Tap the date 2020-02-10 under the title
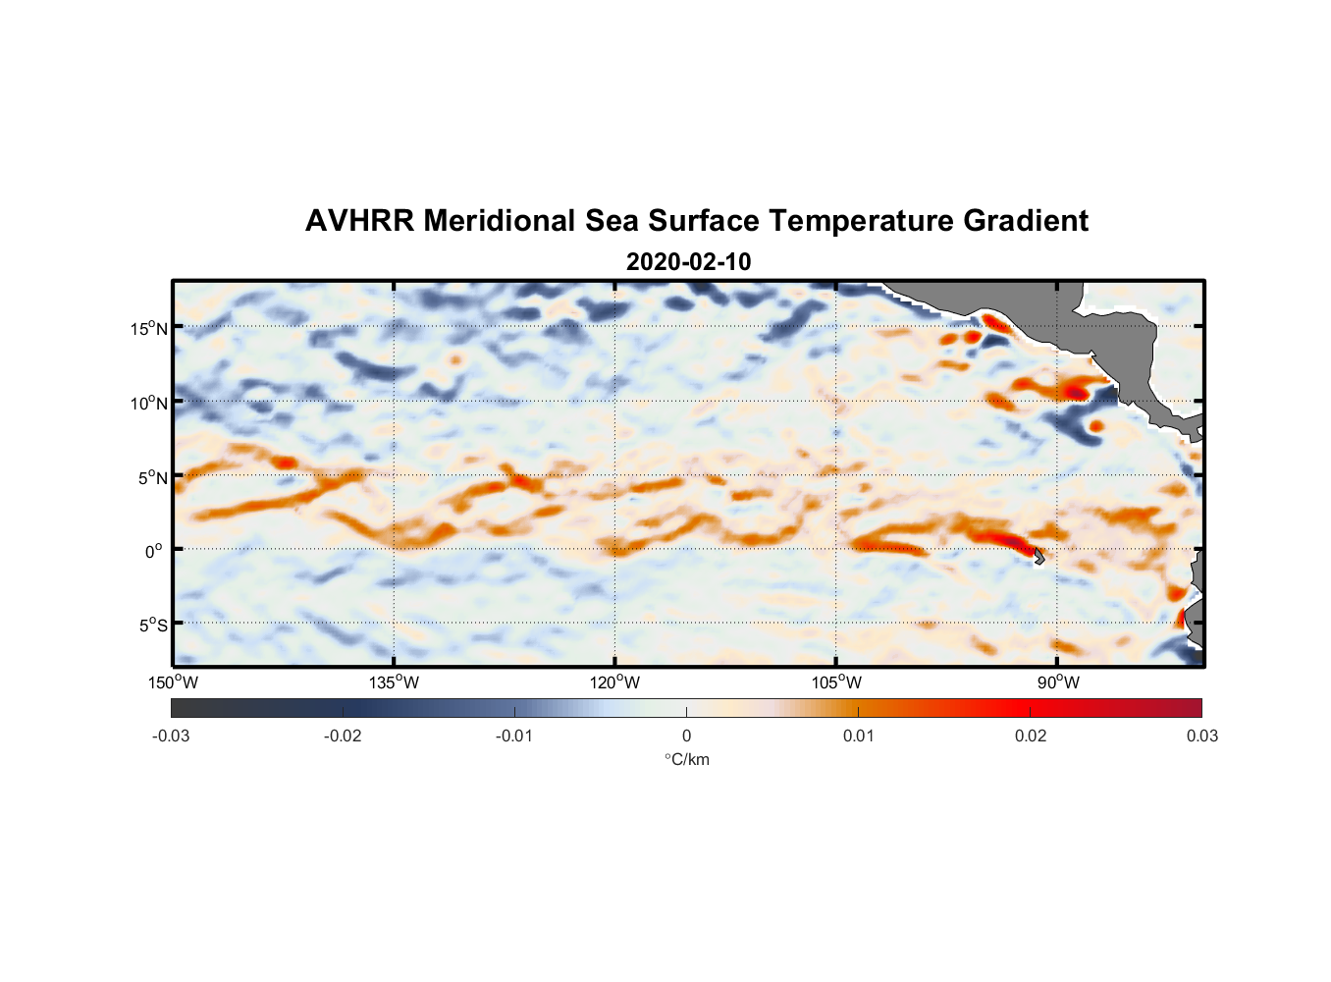(688, 262)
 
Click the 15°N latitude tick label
(149, 328)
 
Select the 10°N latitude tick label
(149, 403)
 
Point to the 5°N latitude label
(153, 477)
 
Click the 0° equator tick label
(154, 551)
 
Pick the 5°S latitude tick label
(153, 626)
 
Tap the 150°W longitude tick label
(173, 682)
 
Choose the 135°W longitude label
(394, 682)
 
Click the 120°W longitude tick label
(614, 682)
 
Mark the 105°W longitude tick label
(836, 682)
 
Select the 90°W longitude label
(1058, 682)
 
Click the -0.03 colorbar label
(171, 736)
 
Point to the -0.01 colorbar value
(514, 736)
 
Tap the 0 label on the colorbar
(686, 736)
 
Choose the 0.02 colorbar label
(1031, 736)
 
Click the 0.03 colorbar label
(1201, 736)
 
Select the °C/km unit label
(686, 759)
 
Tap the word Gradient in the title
(1025, 221)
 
